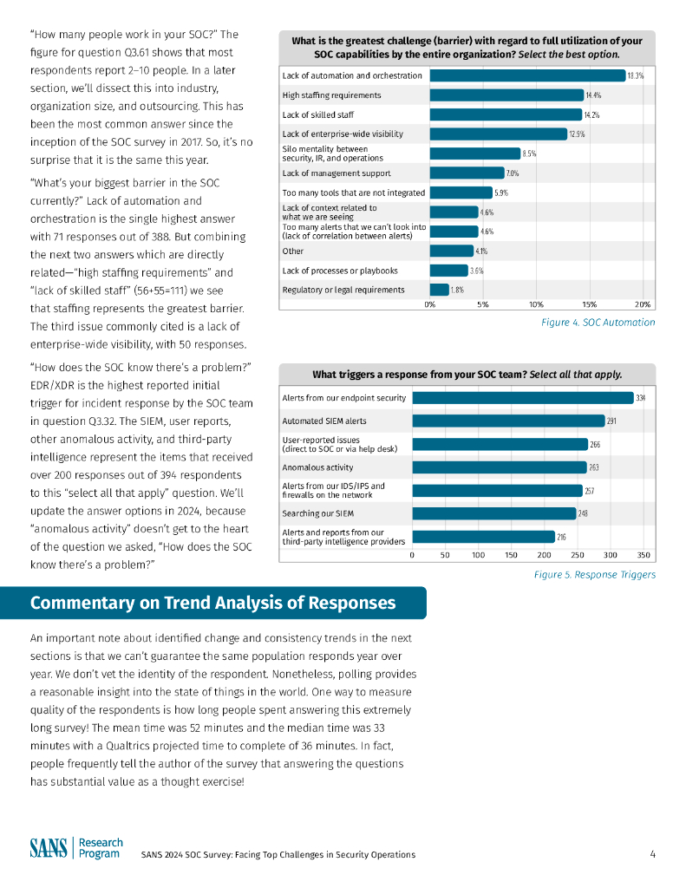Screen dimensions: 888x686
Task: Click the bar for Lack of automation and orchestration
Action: pyautogui.click(x=527, y=75)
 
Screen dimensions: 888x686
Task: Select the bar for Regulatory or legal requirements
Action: pyautogui.click(x=439, y=290)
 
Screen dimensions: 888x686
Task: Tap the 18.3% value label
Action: pyautogui.click(x=636, y=76)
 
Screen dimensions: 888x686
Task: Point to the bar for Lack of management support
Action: pyautogui.click(x=467, y=173)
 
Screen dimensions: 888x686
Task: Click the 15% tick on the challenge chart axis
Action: pyautogui.click(x=590, y=304)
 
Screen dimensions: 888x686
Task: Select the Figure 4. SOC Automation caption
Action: pyautogui.click(x=598, y=323)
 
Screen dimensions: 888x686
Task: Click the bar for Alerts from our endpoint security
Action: pyautogui.click(x=522, y=398)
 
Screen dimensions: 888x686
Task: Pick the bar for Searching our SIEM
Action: pyautogui.click(x=493, y=513)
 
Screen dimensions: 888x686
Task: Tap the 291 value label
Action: pyautogui.click(x=612, y=421)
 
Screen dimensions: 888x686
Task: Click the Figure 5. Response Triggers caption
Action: pyautogui.click(x=594, y=574)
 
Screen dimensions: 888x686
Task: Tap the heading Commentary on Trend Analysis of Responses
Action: pyautogui.click(x=212, y=603)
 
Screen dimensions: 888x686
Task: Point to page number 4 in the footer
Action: pyautogui.click(x=652, y=854)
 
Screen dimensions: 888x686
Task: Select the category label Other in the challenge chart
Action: pyautogui.click(x=292, y=251)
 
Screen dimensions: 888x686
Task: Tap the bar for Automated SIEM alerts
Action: pyautogui.click(x=507, y=421)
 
